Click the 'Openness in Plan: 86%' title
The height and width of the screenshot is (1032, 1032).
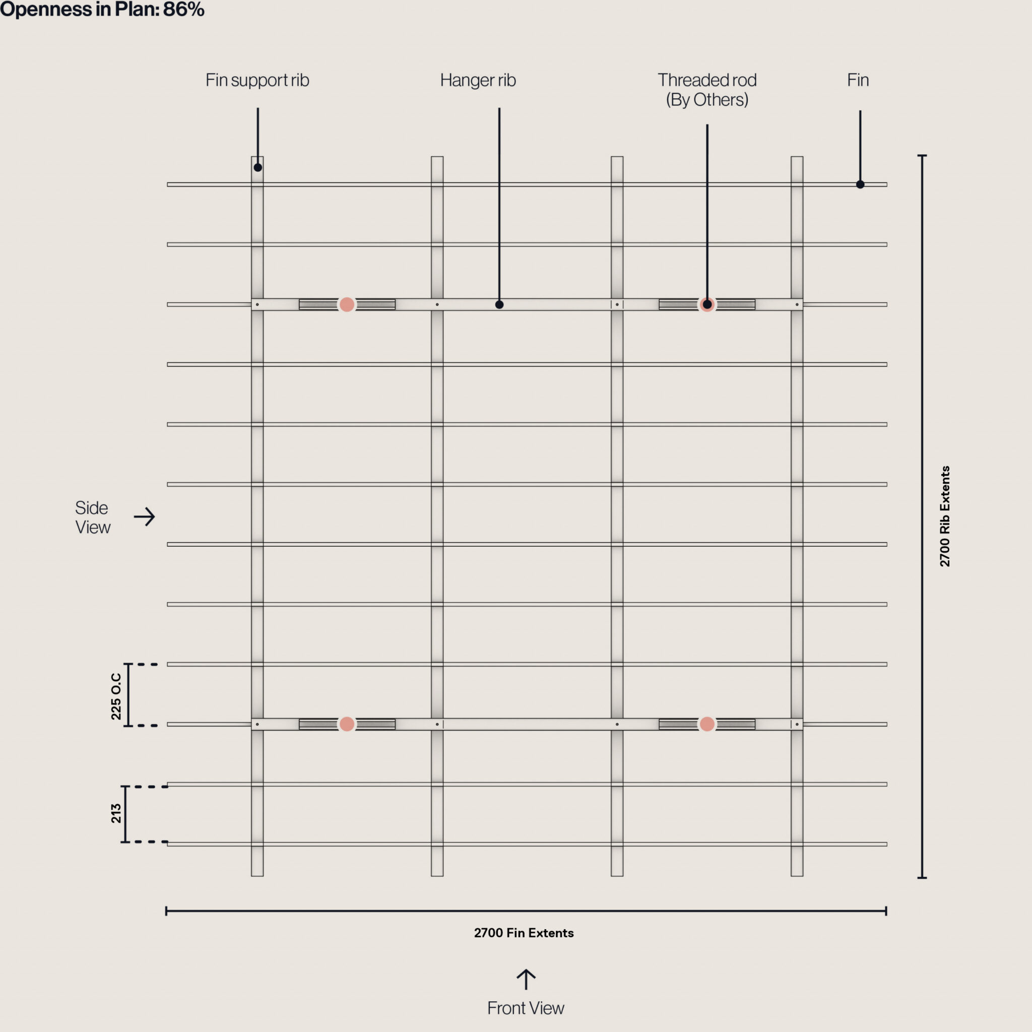click(101, 9)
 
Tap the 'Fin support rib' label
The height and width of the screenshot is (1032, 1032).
click(257, 80)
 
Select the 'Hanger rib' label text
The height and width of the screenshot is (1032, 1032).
click(478, 80)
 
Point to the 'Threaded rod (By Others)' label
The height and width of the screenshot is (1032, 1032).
click(706, 90)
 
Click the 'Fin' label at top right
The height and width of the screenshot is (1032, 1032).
click(858, 80)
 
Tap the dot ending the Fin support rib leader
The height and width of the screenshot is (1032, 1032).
click(257, 168)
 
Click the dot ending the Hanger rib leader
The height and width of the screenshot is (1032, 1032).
click(499, 304)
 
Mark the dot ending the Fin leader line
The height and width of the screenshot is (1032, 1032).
click(860, 184)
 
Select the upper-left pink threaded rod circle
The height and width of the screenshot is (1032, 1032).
click(347, 304)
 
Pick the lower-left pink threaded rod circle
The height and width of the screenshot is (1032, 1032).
click(347, 724)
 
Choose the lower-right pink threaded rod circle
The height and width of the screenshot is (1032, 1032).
click(706, 724)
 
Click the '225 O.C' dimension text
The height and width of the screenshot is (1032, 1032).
click(116, 696)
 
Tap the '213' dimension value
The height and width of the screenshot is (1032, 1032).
click(116, 813)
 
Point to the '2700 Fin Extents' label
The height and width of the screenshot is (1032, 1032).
click(524, 933)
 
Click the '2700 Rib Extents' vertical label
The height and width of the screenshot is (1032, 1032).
click(944, 516)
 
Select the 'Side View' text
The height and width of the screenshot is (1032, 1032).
click(92, 517)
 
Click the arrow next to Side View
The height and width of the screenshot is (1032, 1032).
click(144, 517)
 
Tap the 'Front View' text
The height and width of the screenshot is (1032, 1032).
click(525, 1008)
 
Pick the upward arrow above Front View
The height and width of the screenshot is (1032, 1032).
click(526, 979)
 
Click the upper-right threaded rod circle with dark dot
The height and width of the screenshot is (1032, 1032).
click(706, 304)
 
